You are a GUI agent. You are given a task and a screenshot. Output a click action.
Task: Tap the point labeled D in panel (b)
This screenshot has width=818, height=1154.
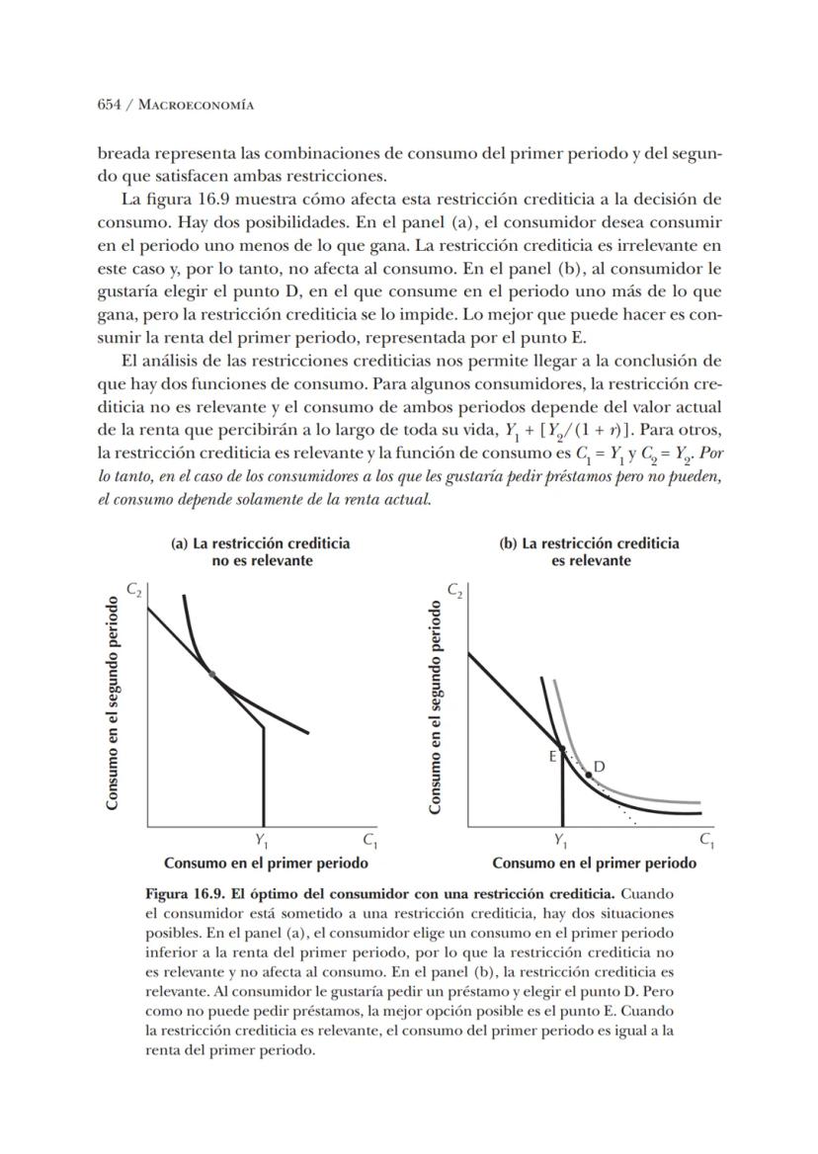(589, 775)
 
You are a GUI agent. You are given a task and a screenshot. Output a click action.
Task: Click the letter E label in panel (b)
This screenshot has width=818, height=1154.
(552, 757)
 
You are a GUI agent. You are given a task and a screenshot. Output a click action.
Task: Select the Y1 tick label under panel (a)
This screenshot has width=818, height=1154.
(262, 841)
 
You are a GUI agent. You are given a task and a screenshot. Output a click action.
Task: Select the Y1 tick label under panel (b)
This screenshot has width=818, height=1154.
(561, 841)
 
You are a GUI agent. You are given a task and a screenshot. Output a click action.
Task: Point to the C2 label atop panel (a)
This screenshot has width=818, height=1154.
(133, 590)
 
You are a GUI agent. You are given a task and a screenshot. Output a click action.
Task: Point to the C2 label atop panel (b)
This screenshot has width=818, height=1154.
(454, 590)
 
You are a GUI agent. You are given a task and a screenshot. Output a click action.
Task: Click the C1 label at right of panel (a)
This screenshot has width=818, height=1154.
(370, 841)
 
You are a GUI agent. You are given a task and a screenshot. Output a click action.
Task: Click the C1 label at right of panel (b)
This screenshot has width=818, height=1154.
(706, 841)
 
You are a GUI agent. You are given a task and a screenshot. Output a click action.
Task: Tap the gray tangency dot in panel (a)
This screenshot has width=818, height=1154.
(211, 674)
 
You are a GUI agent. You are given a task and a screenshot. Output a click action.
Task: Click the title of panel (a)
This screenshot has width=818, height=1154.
(261, 551)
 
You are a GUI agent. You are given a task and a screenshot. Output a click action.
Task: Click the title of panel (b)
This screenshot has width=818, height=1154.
(591, 551)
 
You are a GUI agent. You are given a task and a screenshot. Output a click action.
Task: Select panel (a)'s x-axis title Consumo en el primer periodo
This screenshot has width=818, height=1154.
(266, 863)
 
